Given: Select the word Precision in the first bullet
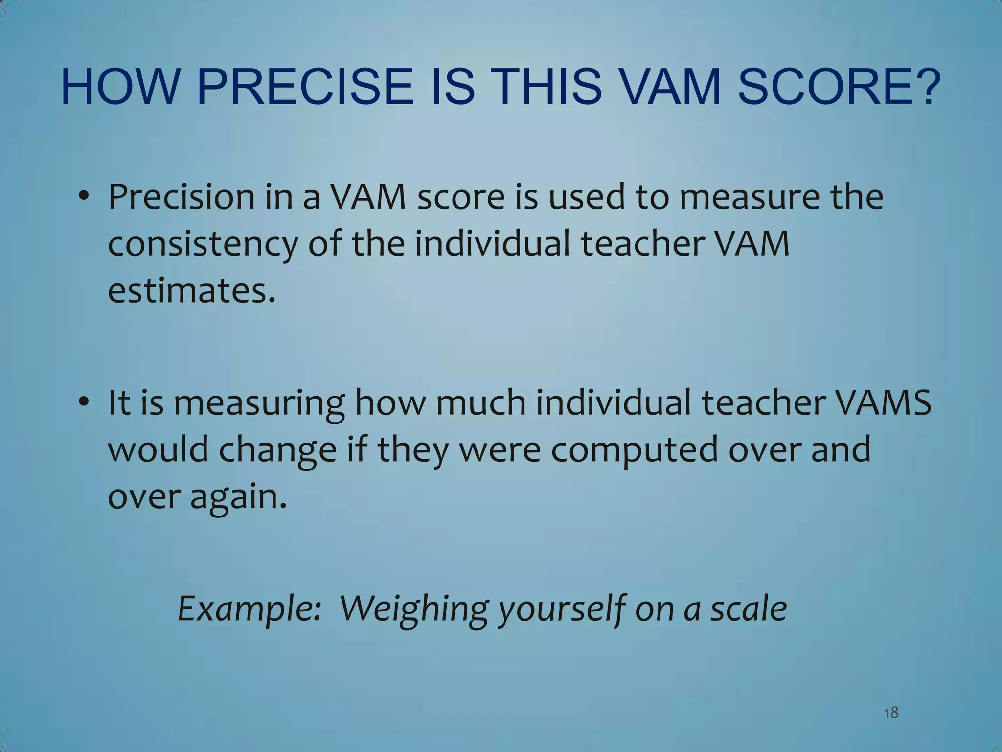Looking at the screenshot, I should (x=182, y=197).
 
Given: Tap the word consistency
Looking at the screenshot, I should (x=202, y=244).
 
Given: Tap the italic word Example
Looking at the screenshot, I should (x=249, y=609).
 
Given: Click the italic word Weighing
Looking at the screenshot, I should (x=414, y=609).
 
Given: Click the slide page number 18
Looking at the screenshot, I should (x=891, y=712).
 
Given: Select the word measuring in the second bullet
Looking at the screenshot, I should (x=259, y=402).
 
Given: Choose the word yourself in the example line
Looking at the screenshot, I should (x=562, y=609).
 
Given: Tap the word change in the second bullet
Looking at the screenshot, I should (x=277, y=449).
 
